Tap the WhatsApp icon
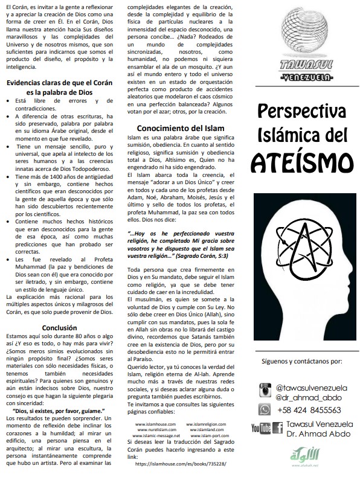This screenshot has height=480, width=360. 263,409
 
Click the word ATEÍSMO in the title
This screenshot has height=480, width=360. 301,161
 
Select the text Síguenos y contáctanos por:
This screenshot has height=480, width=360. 301,362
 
